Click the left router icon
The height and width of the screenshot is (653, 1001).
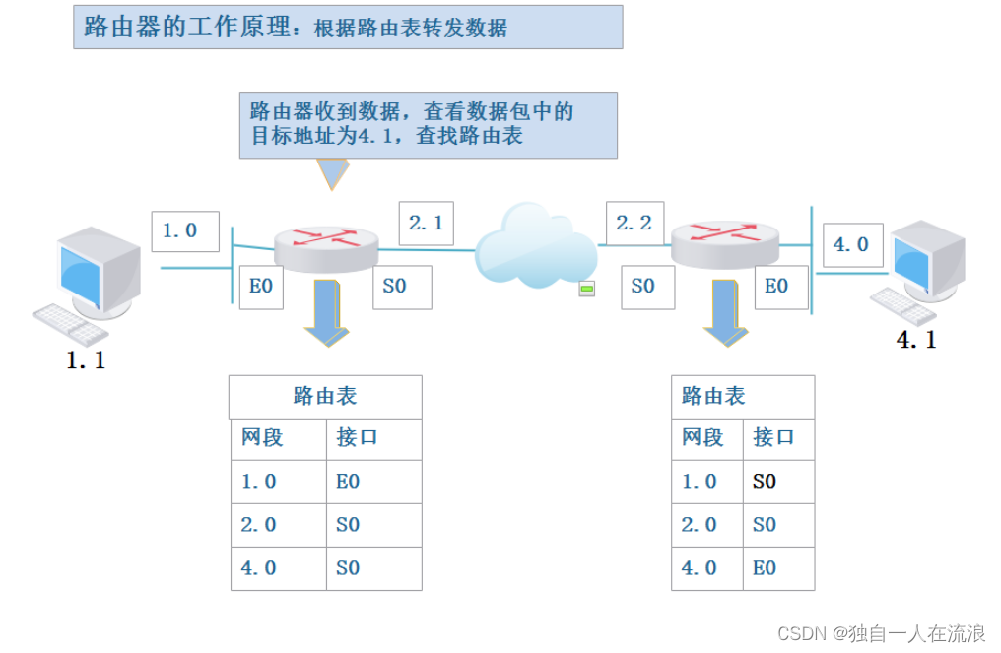point(326,246)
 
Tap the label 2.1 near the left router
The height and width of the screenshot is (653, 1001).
point(426,224)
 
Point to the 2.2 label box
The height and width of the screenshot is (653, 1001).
point(634,224)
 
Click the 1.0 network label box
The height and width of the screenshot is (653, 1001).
point(185,231)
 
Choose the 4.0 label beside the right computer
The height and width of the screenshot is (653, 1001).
point(851,244)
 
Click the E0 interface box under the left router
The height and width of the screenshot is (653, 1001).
point(261,286)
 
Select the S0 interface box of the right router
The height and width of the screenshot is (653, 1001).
point(643,286)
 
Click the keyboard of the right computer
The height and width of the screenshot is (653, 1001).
point(902,306)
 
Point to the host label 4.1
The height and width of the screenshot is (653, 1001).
point(916,341)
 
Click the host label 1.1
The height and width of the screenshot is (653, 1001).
point(86,360)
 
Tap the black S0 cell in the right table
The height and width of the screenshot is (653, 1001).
point(765,482)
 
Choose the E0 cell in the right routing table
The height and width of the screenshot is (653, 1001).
point(765,568)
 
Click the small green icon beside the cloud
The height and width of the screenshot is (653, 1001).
point(586,289)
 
